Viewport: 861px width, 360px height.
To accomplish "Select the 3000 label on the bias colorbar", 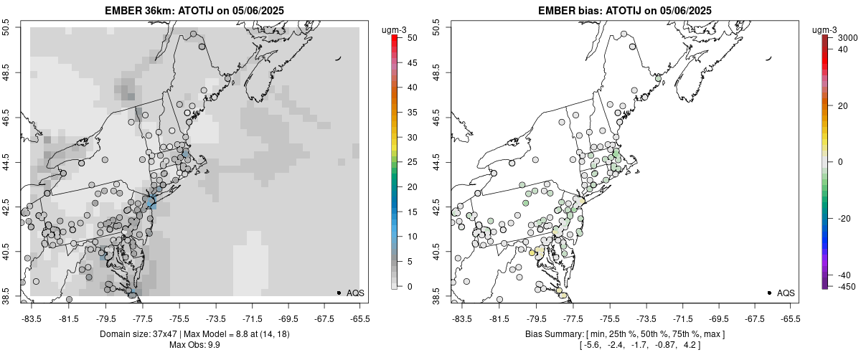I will [848, 37].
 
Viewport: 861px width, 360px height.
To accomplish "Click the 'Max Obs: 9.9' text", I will [194, 346].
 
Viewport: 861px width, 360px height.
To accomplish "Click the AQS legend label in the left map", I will [355, 293].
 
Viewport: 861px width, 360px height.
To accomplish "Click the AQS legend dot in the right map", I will [769, 293].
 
